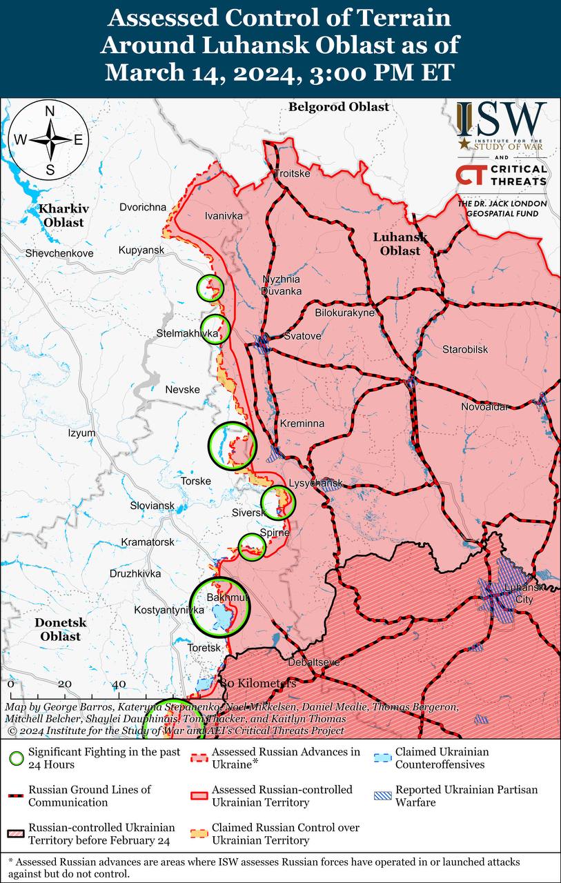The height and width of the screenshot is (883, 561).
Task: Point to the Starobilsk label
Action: click(x=465, y=349)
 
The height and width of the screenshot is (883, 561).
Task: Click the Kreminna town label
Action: click(x=302, y=423)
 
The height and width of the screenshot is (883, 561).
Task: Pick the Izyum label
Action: click(x=81, y=433)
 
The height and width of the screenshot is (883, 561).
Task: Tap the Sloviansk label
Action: click(x=152, y=506)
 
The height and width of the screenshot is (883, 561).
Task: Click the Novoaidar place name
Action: click(x=486, y=406)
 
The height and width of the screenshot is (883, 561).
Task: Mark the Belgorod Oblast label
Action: click(x=339, y=107)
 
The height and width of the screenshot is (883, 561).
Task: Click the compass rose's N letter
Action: click(x=50, y=112)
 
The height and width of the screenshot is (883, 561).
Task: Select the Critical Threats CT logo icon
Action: click(x=469, y=176)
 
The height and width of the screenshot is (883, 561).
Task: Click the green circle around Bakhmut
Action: click(x=219, y=607)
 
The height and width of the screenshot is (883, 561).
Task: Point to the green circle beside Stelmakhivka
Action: click(x=215, y=328)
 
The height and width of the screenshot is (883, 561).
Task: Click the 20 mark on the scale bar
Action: click(x=65, y=684)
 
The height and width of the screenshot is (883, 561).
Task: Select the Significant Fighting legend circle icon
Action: click(x=17, y=757)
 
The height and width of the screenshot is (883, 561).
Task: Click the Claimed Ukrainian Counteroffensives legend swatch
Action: click(x=384, y=757)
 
